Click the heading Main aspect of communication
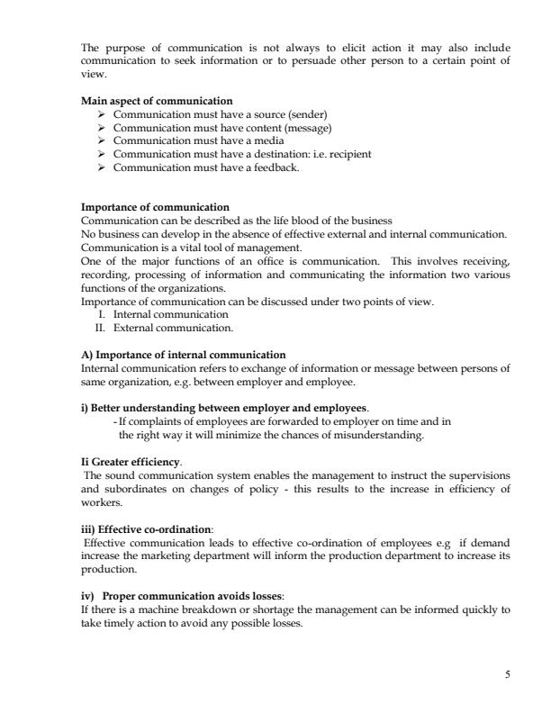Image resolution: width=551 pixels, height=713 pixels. click(x=157, y=100)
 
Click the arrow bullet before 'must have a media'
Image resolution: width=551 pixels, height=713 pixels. click(x=102, y=140)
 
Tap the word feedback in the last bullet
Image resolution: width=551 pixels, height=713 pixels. click(x=274, y=167)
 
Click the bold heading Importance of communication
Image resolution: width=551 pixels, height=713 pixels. click(x=155, y=207)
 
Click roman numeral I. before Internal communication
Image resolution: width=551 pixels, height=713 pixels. click(x=102, y=315)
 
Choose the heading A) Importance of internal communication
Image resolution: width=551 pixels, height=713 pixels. click(x=184, y=355)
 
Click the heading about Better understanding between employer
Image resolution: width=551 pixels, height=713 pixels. click(x=225, y=408)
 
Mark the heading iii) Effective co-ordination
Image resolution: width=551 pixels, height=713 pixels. click(x=153, y=530)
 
